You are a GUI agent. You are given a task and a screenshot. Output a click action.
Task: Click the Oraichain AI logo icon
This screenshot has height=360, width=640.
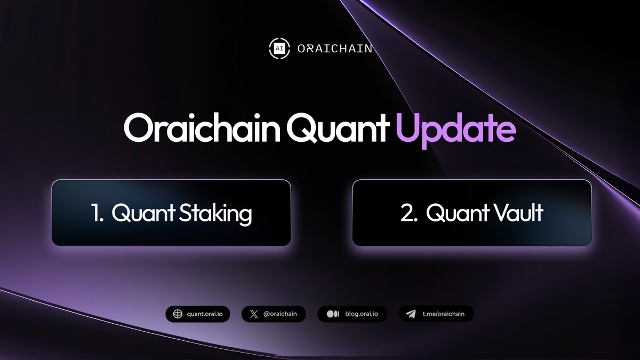pos(279,48)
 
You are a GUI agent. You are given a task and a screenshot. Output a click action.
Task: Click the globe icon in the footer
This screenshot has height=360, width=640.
pos(177,314)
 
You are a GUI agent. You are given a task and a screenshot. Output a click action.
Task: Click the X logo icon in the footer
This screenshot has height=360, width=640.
pos(253,314)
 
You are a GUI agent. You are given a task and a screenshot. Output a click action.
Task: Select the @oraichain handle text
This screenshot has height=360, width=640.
pos(281,314)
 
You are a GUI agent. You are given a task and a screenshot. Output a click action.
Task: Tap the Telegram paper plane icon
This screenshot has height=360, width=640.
pos(411,314)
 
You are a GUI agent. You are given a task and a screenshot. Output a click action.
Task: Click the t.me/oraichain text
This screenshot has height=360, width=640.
pos(443,314)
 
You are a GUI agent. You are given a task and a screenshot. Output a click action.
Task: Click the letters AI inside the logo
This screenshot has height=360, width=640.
pos(279,49)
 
